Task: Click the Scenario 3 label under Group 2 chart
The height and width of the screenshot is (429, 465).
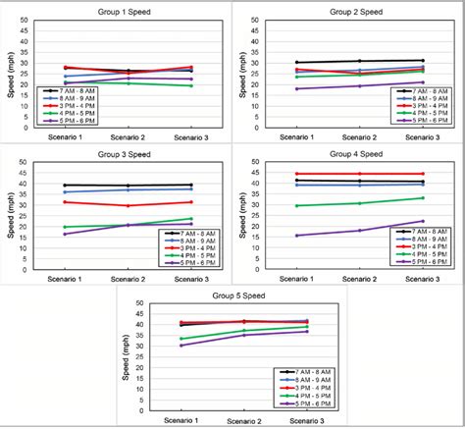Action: [x=423, y=137]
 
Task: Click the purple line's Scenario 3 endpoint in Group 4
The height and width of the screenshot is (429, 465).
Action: [x=423, y=221]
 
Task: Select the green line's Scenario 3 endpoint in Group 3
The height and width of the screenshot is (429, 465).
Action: [x=190, y=219]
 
